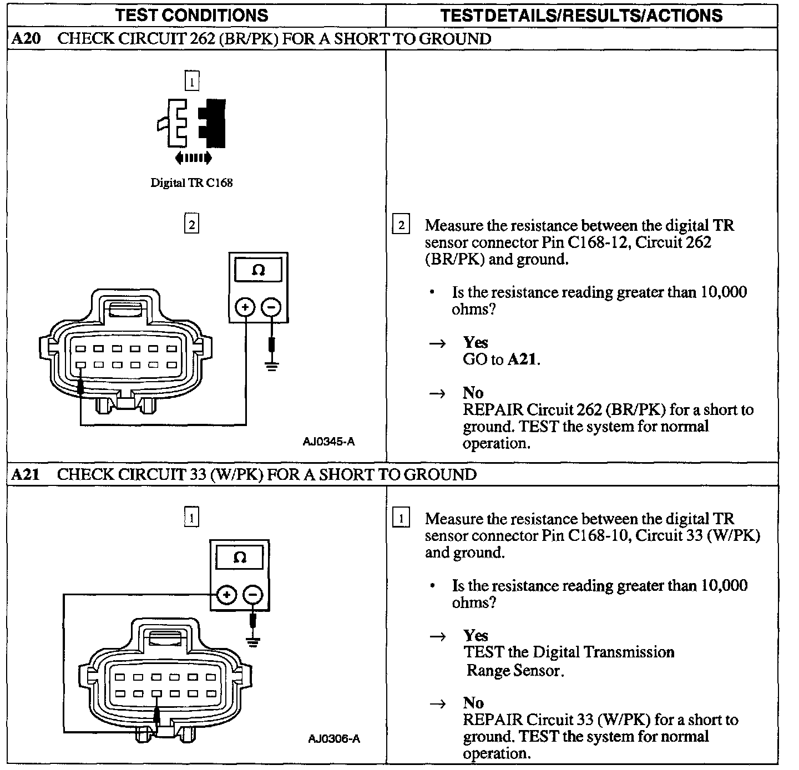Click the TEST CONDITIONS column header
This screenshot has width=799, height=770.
[x=192, y=15]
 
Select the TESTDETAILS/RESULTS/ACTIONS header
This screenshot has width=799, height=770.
[x=581, y=15]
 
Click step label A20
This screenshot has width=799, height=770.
[x=24, y=39]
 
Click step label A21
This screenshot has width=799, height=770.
[x=24, y=474]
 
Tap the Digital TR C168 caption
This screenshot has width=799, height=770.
[x=191, y=183]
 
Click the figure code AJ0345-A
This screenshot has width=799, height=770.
[x=329, y=442]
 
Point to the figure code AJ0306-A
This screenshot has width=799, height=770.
[x=334, y=738]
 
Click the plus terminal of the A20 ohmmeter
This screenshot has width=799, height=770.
[x=245, y=307]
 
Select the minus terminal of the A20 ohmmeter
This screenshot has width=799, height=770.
[x=271, y=307]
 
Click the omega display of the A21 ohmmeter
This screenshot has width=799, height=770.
[x=240, y=558]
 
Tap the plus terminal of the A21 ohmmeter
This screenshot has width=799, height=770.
[x=226, y=595]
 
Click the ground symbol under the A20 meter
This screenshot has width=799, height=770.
[x=271, y=366]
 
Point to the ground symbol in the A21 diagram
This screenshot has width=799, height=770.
[x=253, y=642]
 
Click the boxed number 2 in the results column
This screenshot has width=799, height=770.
[x=401, y=225]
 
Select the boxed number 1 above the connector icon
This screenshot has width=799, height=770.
[x=191, y=82]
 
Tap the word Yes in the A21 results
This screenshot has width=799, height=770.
[x=476, y=636]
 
